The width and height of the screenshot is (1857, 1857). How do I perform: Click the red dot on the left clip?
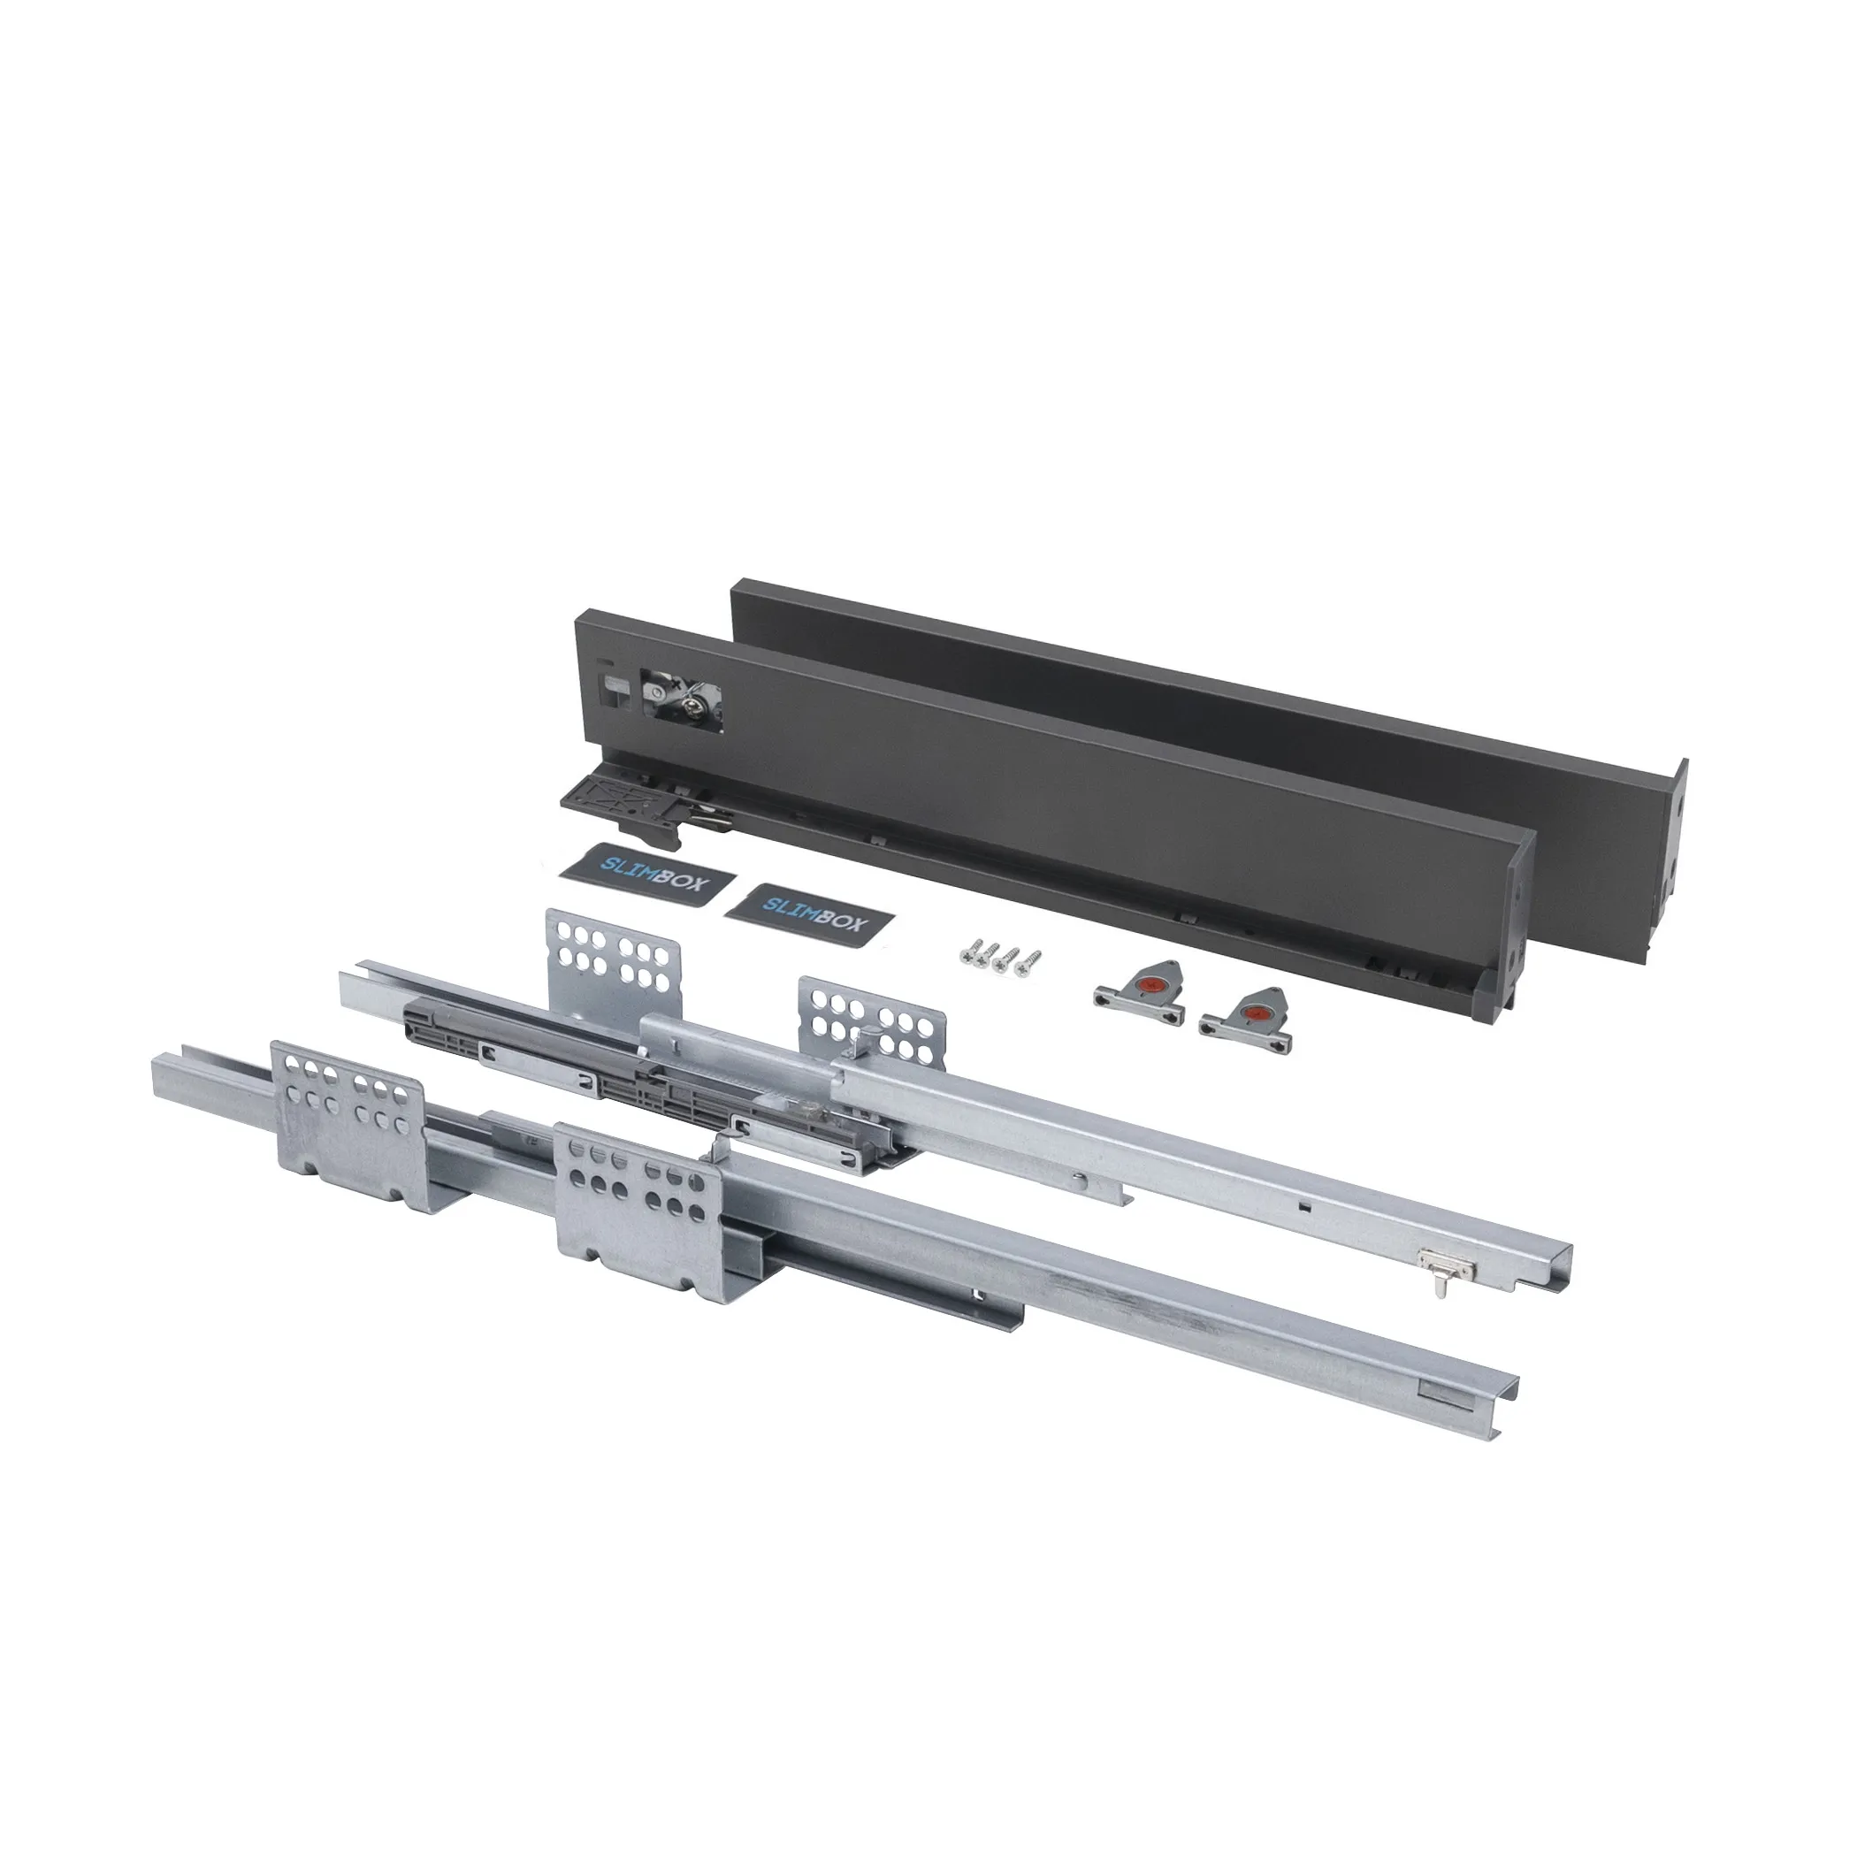click(x=1138, y=984)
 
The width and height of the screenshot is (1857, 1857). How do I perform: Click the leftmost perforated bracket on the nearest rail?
click(x=347, y=1125)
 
